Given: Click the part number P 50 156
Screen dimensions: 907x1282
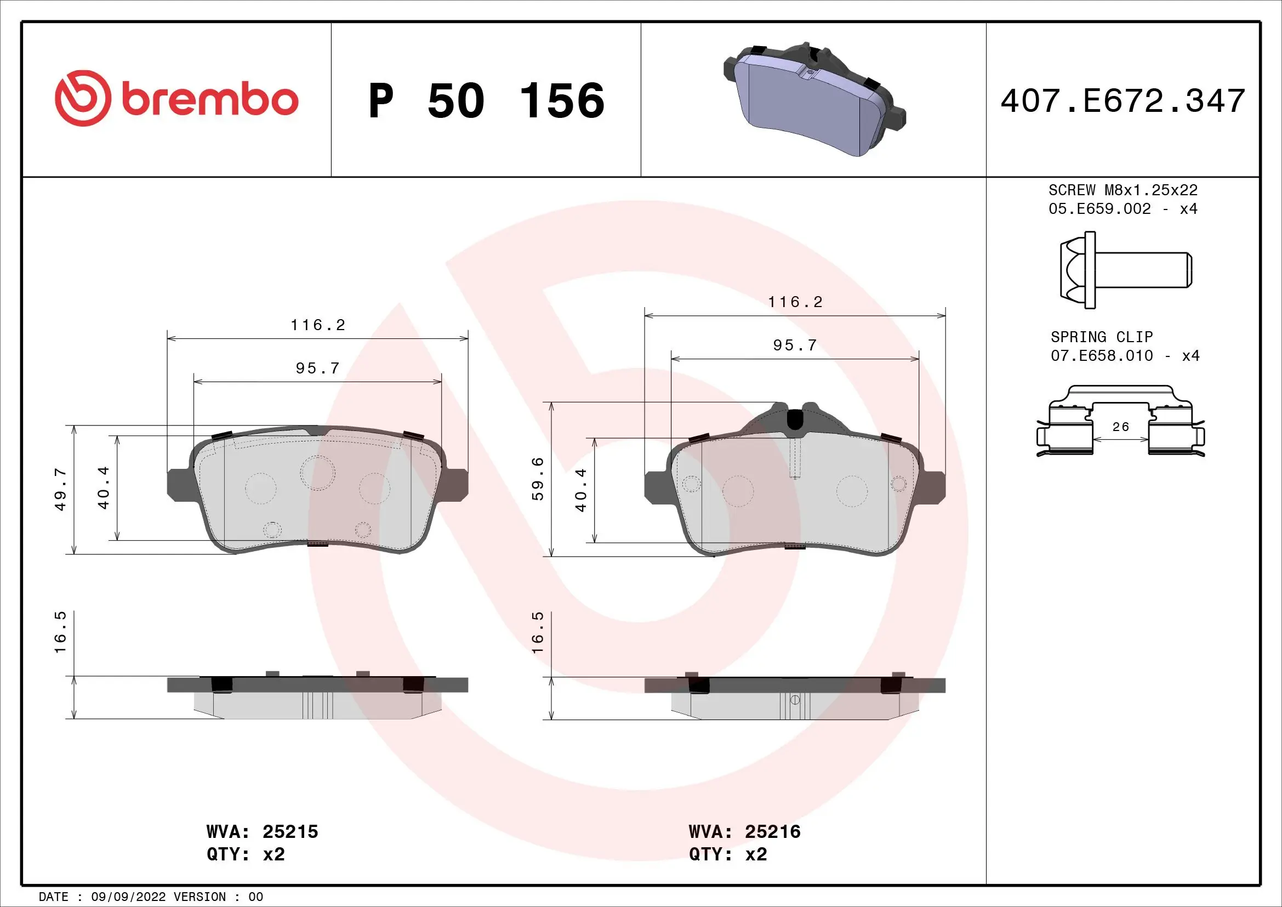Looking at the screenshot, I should tap(486, 101).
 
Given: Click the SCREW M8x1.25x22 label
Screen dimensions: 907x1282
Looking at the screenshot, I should tap(1123, 190).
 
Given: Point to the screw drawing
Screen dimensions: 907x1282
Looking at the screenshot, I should tap(1125, 270).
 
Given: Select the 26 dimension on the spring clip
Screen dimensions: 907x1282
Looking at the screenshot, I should tap(1121, 427).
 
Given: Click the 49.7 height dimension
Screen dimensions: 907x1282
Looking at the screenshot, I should tap(60, 489).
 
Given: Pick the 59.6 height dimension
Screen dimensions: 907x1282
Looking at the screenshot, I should tap(537, 479).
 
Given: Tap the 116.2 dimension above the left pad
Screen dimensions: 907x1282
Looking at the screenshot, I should tap(318, 325).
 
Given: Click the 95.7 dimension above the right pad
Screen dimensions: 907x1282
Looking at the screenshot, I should tap(795, 345).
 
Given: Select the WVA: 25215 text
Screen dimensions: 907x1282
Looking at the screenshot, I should tap(262, 832).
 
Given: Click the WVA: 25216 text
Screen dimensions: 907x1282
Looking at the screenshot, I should tap(744, 832).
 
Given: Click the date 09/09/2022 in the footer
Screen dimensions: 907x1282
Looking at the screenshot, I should tap(128, 897).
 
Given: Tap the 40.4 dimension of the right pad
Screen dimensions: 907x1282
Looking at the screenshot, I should tap(581, 490).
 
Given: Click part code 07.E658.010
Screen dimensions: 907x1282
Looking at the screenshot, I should tap(1101, 356).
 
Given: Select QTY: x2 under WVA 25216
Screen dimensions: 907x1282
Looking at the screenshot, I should tap(727, 854).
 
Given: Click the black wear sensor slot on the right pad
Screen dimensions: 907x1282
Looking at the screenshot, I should tap(794, 419).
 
